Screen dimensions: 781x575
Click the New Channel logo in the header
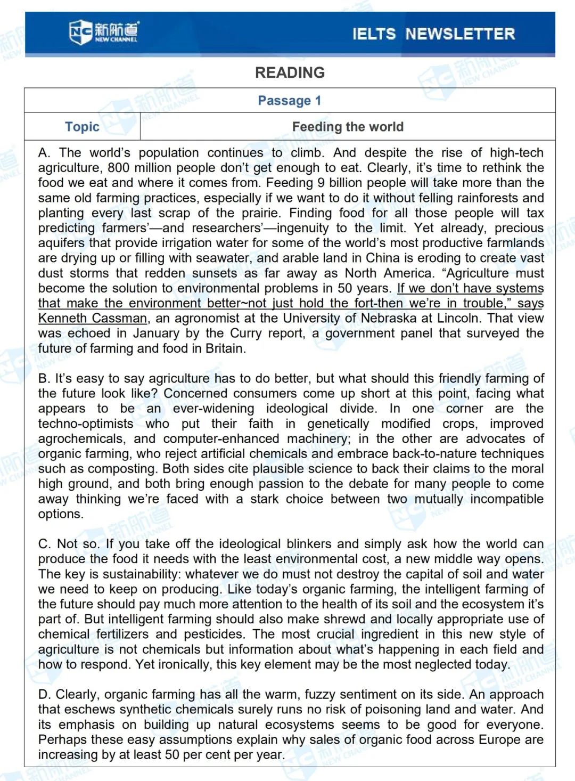click(x=103, y=32)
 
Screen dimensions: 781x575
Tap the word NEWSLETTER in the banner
click(x=460, y=34)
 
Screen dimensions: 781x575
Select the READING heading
click(x=290, y=72)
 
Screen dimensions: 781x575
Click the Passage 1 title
click(x=289, y=101)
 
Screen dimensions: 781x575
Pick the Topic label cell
click(x=82, y=127)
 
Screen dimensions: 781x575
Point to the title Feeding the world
click(x=348, y=127)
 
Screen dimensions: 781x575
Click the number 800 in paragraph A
click(x=118, y=168)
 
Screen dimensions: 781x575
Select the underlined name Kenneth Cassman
click(x=92, y=319)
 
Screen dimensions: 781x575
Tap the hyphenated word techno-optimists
click(x=86, y=424)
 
